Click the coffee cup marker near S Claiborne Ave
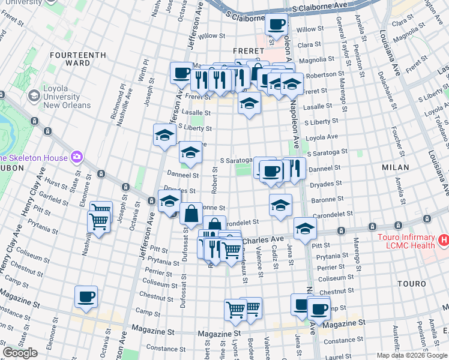click(276, 25)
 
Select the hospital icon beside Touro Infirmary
click(444, 241)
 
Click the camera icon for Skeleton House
click(76, 158)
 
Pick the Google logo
click(20, 353)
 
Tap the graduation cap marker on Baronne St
click(280, 206)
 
